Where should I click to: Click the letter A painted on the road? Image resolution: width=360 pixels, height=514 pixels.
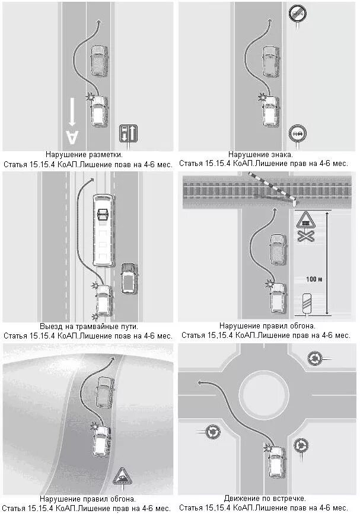72,136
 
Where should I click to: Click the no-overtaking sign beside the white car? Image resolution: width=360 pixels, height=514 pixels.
297,134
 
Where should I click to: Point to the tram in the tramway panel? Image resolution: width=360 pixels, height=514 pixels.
103,229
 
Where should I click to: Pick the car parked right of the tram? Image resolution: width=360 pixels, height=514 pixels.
128,277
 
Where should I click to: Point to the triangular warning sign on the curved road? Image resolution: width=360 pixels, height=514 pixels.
123,475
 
